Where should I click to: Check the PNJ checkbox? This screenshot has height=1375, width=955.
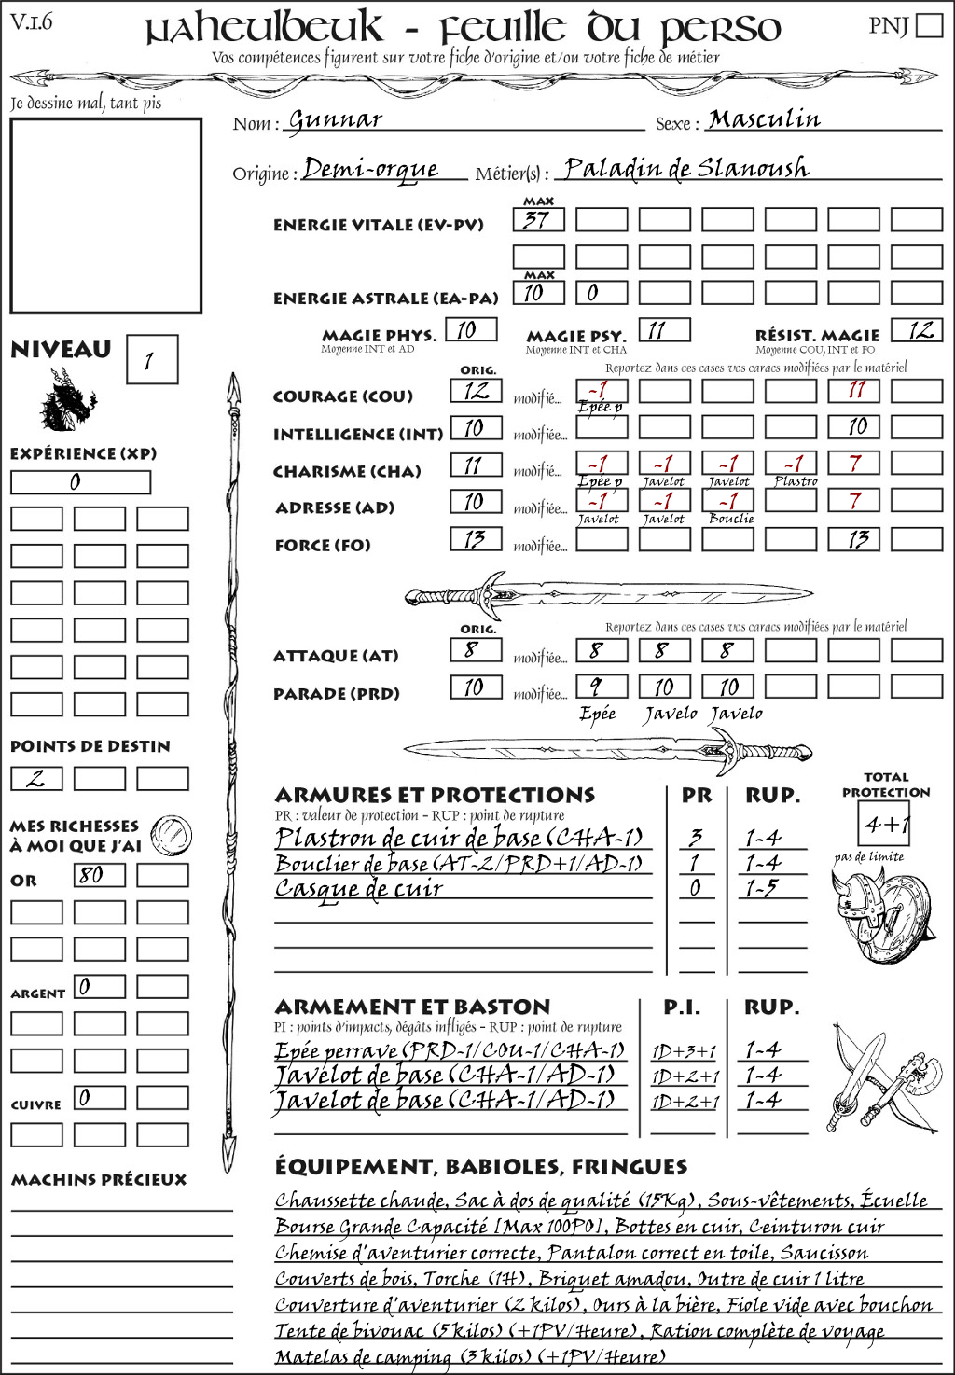coord(930,24)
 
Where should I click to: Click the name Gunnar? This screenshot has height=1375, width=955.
coord(335,120)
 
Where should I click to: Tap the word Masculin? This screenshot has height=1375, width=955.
coord(764,119)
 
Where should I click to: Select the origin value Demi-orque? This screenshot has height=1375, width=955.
coord(371,169)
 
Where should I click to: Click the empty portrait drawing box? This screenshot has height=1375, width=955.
coord(105,215)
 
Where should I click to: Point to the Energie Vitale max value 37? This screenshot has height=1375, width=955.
coord(538,220)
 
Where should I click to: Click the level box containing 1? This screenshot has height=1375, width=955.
coord(151,360)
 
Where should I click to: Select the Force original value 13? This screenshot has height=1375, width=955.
coord(476,539)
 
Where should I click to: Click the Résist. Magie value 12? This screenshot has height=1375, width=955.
coord(917,330)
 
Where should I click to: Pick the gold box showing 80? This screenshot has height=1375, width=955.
coord(100,875)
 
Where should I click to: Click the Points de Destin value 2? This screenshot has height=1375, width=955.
coord(36,778)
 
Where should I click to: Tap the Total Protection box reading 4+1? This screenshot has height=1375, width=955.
coord(884,824)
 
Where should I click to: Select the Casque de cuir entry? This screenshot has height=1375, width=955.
coord(359,889)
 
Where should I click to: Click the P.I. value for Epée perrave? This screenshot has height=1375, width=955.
coord(684,1051)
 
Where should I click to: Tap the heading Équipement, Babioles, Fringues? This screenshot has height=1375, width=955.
coord(480,1167)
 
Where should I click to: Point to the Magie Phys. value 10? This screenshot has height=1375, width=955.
coord(470,330)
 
